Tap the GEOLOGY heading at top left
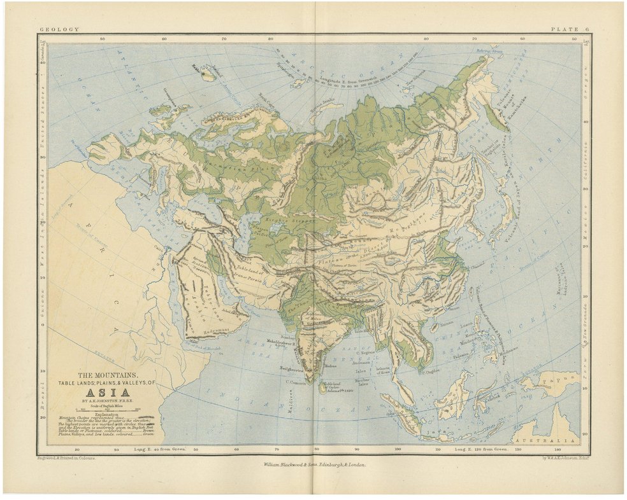click(59, 29)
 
